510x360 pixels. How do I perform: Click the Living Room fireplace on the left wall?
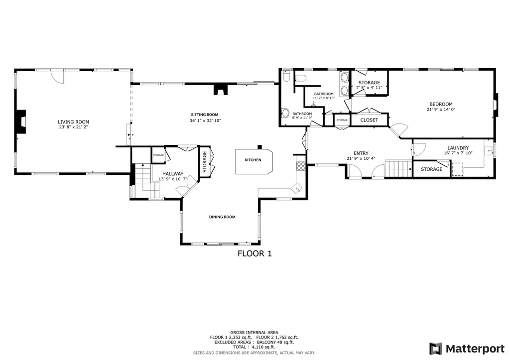pos(20,122)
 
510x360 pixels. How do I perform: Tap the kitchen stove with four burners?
pos(300,166)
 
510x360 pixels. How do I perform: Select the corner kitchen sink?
pos(297,188)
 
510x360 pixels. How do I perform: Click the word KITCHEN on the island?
pos(253,160)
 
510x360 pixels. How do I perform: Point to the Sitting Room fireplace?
pos(220,90)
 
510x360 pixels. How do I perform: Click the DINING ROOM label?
pos(222,217)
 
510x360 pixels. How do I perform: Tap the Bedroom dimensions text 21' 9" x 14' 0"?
pos(441,110)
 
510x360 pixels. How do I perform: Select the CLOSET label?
pos(369,120)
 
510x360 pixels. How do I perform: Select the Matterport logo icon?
pos(436,348)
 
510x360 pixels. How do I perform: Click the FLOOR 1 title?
pos(255,253)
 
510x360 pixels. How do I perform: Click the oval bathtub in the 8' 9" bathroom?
pos(285,113)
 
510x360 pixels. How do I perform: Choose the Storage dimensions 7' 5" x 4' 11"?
pos(369,88)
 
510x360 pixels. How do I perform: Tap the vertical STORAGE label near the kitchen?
pos(204,161)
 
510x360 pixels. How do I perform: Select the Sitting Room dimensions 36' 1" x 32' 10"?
pos(205,120)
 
